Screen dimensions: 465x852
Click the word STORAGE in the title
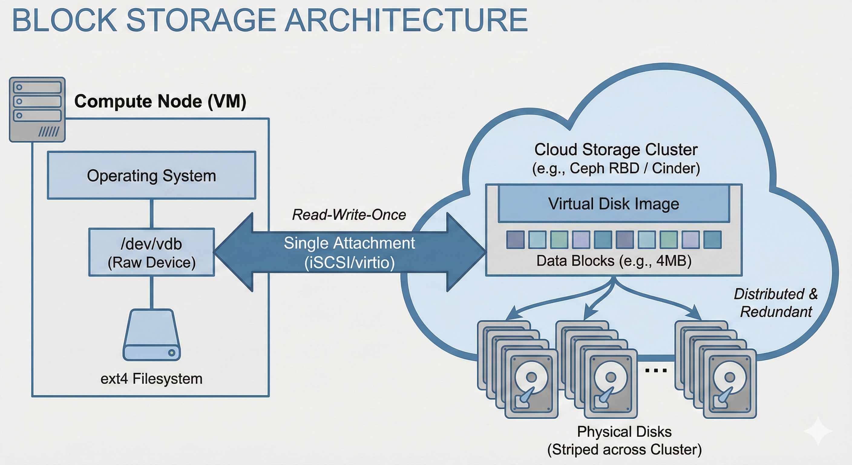201,21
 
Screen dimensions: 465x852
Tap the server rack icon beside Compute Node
37,110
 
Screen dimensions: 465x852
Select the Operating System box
152,175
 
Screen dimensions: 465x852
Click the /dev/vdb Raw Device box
152,252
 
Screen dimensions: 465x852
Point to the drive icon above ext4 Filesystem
152,335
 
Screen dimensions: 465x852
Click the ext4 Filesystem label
152,379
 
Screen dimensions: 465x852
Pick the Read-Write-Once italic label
349,215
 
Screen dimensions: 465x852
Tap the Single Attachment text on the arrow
349,243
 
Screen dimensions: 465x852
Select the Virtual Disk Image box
614,203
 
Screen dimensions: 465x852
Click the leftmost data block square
515,240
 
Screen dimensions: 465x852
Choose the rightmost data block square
713,240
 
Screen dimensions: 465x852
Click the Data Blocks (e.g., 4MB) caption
614,261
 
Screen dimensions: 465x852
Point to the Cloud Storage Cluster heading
616,150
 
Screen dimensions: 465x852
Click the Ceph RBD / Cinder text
616,168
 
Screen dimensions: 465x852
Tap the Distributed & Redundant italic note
775,303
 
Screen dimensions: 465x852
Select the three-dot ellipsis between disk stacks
656,370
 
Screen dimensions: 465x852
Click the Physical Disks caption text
624,432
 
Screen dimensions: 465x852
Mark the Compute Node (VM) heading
160,101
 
